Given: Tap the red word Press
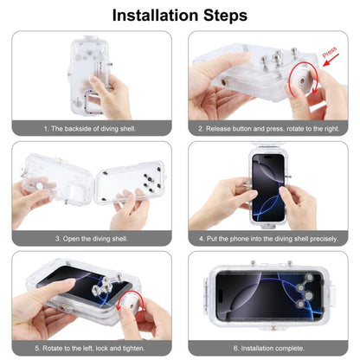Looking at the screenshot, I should [x=329, y=55].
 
